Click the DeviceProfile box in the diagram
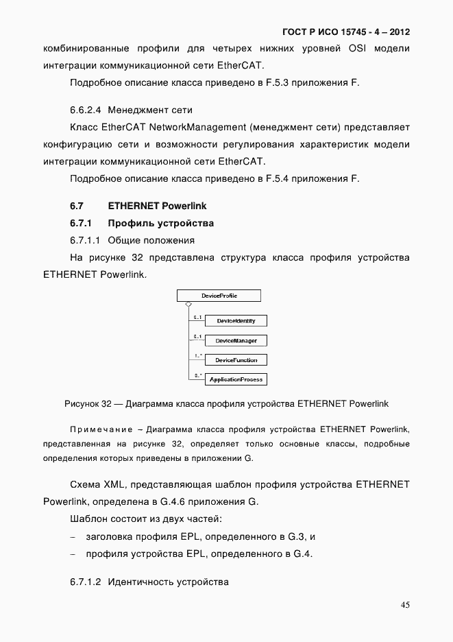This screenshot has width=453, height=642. [x=219, y=296]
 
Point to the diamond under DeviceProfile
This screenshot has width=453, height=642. [x=188, y=305]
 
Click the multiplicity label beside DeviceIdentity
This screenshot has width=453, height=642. [x=197, y=318]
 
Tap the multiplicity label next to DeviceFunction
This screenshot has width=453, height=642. [x=197, y=356]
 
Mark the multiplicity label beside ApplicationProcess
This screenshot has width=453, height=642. [x=197, y=375]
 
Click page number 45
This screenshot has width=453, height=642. [x=405, y=605]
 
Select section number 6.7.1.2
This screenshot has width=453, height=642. [x=85, y=582]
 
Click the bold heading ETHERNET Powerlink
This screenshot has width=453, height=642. [x=157, y=206]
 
